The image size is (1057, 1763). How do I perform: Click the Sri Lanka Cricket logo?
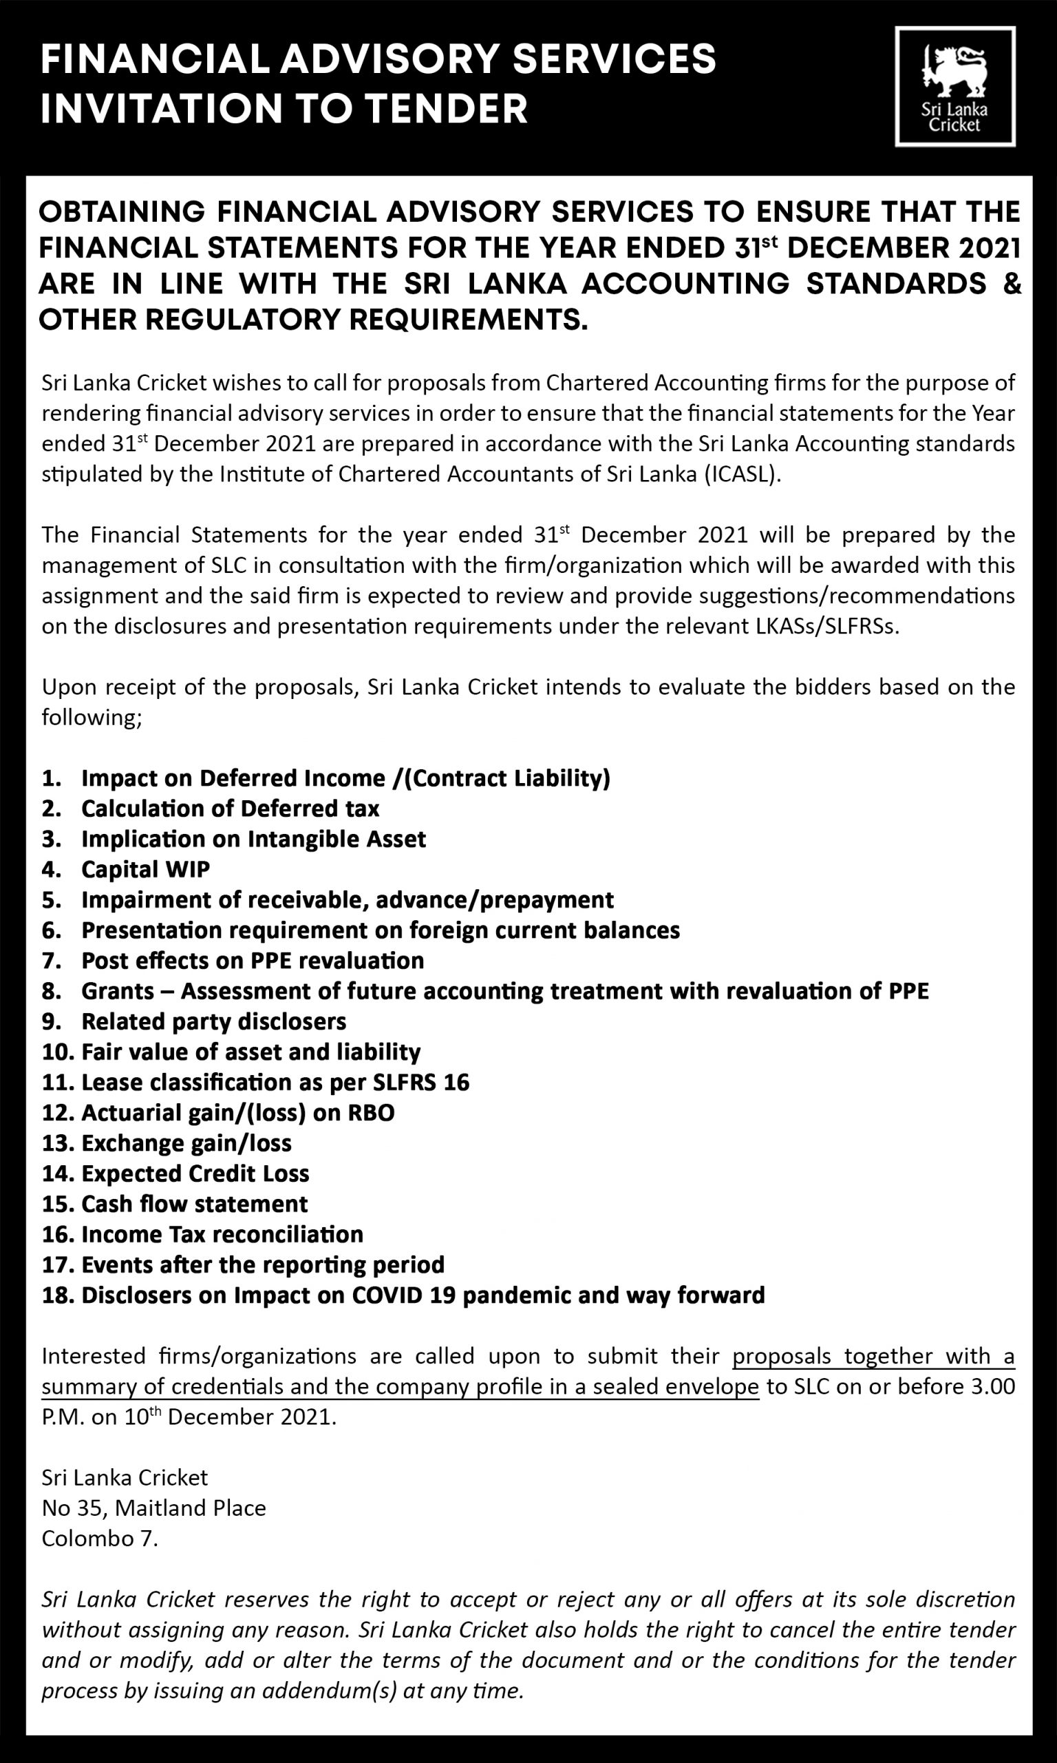pos(954,86)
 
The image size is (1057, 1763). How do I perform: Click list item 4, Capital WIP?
pos(145,869)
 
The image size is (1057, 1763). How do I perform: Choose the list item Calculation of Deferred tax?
pos(230,808)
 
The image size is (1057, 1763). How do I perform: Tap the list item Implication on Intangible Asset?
pos(253,839)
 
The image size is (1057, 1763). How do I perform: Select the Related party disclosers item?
pos(214,1021)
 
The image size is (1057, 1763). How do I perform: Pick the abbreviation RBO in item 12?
pos(371,1112)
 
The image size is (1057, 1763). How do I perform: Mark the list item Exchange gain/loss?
pos(186,1143)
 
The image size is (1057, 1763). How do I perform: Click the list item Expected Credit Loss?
pos(195,1173)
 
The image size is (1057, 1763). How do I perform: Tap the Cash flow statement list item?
pos(195,1204)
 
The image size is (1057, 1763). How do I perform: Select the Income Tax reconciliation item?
pos(222,1234)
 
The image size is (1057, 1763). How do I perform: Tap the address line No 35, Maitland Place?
pos(154,1508)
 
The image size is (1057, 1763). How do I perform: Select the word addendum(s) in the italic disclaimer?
pos(332,1690)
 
